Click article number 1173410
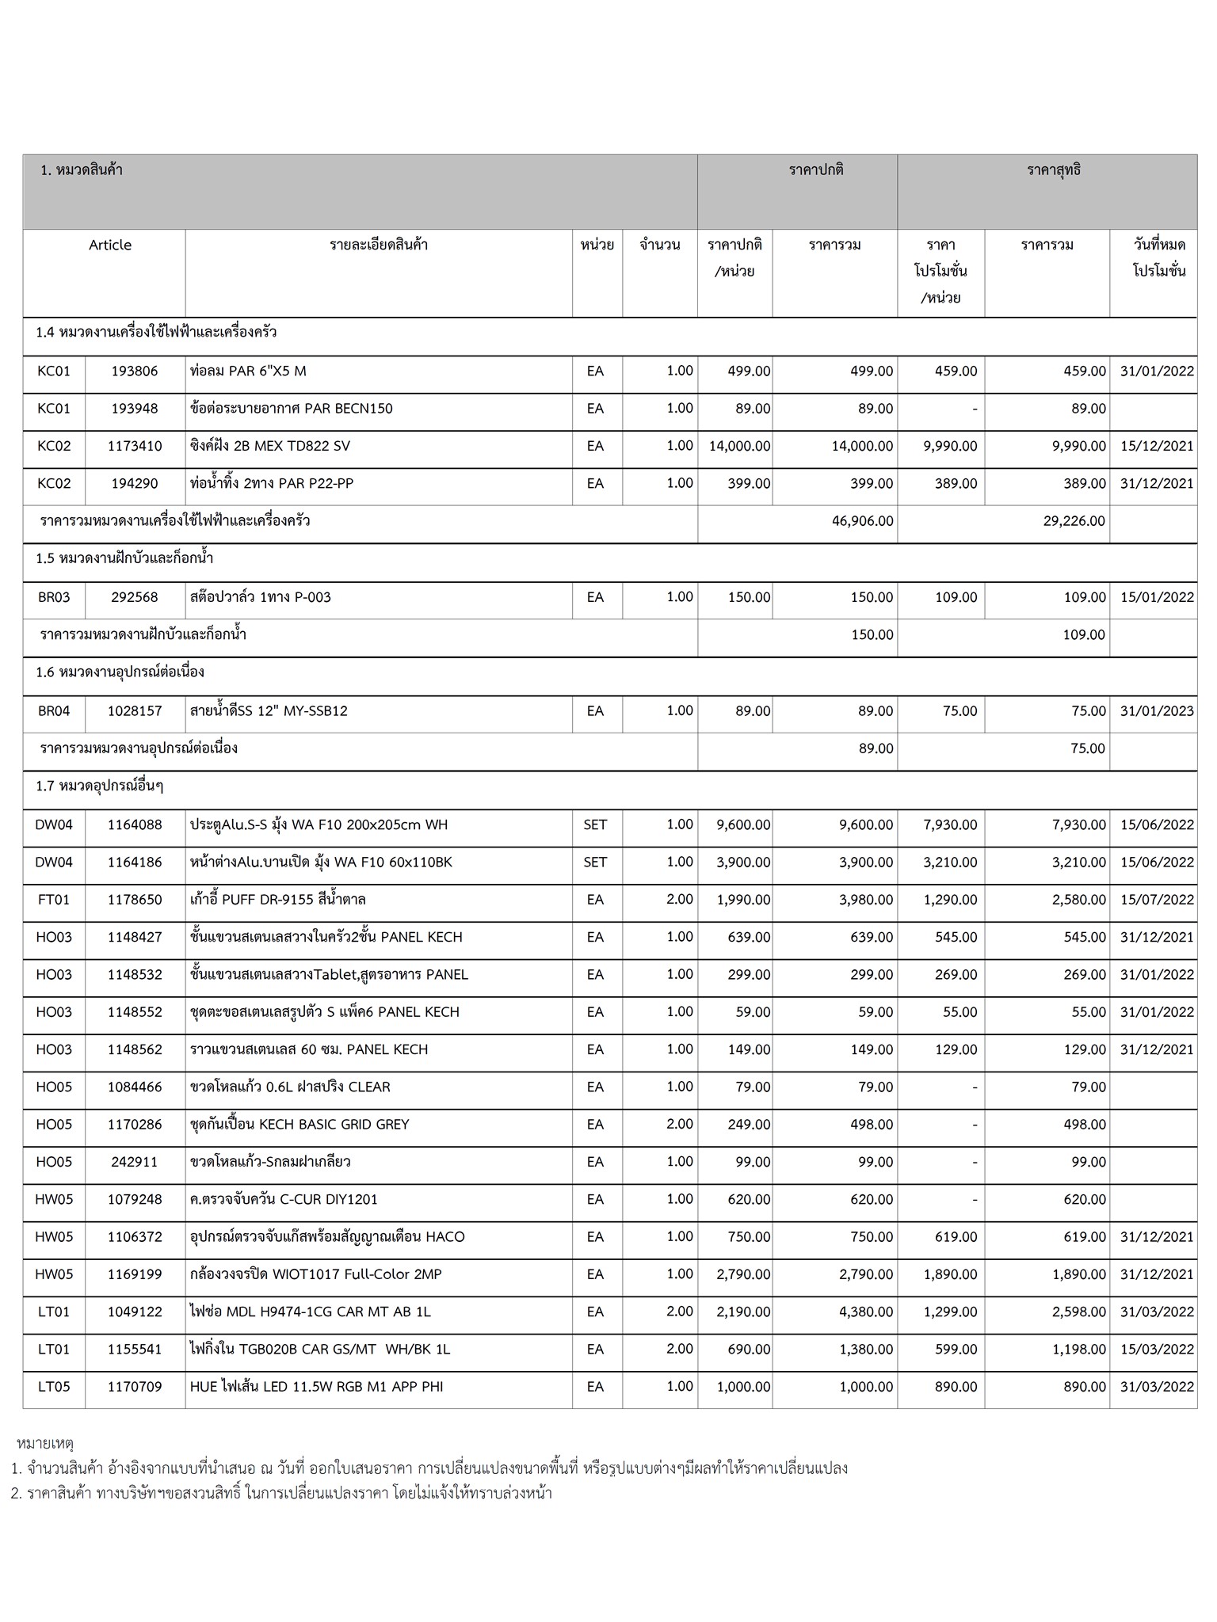click(x=135, y=446)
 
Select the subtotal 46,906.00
click(x=862, y=521)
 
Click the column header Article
click(x=110, y=245)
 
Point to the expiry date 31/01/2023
click(x=1156, y=711)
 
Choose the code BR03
click(x=54, y=597)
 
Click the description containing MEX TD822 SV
click(x=269, y=446)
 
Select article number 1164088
click(x=135, y=824)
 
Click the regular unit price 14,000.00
click(x=739, y=446)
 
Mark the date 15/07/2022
click(x=1156, y=900)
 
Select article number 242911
click(x=135, y=1162)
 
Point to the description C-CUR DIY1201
click(x=284, y=1199)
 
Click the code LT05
click(x=54, y=1387)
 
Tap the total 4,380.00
click(x=866, y=1312)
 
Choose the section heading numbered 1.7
click(x=99, y=786)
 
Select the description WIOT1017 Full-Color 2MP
click(x=315, y=1274)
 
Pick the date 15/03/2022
click(x=1156, y=1349)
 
